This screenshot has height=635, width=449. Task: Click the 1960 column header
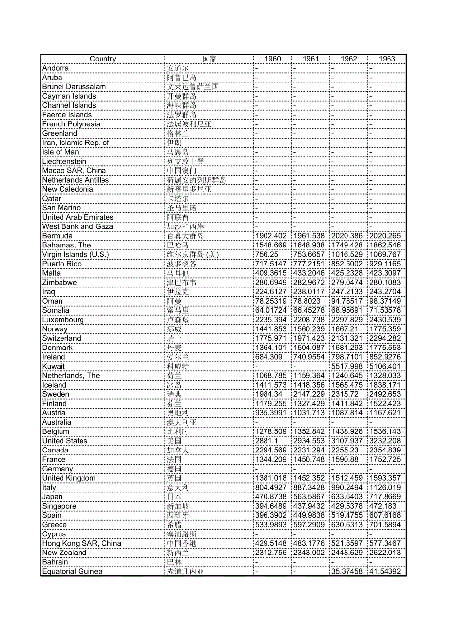pyautogui.click(x=272, y=59)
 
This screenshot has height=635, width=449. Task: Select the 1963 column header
pyautogui.click(x=387, y=59)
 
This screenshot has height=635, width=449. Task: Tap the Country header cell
pyautogui.click(x=102, y=59)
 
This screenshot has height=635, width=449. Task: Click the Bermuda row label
pyautogui.click(x=57, y=236)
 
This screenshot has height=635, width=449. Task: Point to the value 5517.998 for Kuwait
pyautogui.click(x=347, y=366)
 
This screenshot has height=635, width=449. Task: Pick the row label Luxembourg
pyautogui.click(x=63, y=320)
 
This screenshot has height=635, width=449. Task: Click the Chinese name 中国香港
pyautogui.click(x=185, y=543)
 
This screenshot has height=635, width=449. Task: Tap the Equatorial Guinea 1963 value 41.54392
pyautogui.click(x=386, y=571)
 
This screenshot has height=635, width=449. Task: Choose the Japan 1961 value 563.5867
pyautogui.click(x=309, y=497)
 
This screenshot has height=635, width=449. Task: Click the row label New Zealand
pyautogui.click(x=64, y=553)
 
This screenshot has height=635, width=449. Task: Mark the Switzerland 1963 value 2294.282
pyautogui.click(x=386, y=338)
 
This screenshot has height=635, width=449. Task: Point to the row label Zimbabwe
pyautogui.click(x=59, y=283)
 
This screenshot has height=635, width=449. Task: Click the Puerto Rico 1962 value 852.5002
pyautogui.click(x=347, y=264)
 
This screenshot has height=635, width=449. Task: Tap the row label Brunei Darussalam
pyautogui.click(x=74, y=87)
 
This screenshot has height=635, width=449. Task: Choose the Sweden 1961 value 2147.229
pyautogui.click(x=309, y=394)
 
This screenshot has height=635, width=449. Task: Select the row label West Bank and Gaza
pyautogui.click(x=77, y=226)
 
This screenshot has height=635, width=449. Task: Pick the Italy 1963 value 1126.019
pyautogui.click(x=386, y=488)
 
